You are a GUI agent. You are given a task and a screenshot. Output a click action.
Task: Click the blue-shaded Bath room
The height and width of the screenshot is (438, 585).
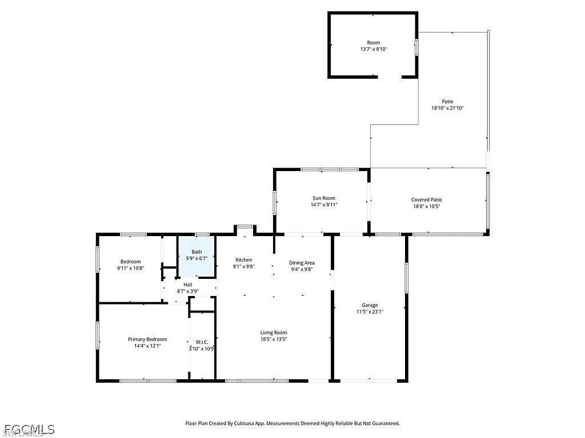click(x=197, y=257)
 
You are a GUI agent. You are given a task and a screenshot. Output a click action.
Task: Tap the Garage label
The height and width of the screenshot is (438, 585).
click(x=370, y=305)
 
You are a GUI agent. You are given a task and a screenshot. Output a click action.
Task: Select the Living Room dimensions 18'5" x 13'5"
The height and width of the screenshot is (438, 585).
click(x=274, y=339)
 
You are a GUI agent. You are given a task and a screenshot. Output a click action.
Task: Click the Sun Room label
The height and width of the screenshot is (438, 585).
click(x=324, y=198)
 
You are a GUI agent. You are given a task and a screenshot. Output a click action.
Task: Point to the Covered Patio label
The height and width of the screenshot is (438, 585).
click(x=426, y=200)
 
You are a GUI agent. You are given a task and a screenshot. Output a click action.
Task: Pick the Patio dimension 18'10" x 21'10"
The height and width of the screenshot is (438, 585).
click(x=447, y=108)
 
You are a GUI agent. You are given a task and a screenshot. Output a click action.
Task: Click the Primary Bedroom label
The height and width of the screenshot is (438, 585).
click(x=147, y=339)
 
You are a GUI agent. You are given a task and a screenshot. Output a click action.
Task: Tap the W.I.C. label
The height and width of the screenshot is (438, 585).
click(x=202, y=342)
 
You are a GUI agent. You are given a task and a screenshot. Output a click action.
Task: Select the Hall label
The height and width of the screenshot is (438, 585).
click(x=187, y=285)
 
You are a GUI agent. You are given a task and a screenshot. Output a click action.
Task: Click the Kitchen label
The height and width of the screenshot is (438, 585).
click(x=243, y=260)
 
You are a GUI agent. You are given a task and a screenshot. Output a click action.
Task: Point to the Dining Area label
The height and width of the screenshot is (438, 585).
click(x=302, y=263)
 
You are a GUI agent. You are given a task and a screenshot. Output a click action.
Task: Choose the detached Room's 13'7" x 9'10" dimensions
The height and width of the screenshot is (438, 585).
click(x=374, y=49)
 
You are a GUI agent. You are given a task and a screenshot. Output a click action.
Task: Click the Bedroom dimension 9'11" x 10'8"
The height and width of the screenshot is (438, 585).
click(x=131, y=268)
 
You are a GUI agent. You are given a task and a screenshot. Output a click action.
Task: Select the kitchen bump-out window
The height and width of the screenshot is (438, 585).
click(x=245, y=226)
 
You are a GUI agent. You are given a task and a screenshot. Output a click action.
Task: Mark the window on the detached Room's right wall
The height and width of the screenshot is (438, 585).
click(x=416, y=47)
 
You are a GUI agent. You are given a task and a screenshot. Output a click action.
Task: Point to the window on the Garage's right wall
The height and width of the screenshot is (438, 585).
click(x=406, y=278)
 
